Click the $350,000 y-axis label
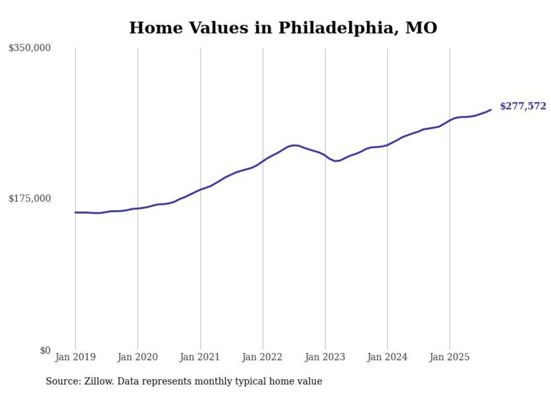(x=29, y=48)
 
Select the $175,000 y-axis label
(x=29, y=198)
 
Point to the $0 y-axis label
(x=45, y=351)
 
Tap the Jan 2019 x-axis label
(x=75, y=357)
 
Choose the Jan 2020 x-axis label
(x=138, y=357)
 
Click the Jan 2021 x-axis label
(x=200, y=357)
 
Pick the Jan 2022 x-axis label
(x=263, y=357)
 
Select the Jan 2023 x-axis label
(x=325, y=357)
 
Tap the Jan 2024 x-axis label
(x=387, y=357)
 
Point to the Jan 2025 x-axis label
(x=449, y=357)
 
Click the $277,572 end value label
(x=522, y=106)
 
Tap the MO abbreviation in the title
(x=421, y=28)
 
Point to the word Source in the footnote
(x=61, y=381)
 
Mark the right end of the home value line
(x=491, y=110)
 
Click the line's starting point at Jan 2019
(x=75, y=213)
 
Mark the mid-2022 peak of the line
(x=295, y=145)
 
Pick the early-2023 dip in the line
(x=336, y=161)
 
